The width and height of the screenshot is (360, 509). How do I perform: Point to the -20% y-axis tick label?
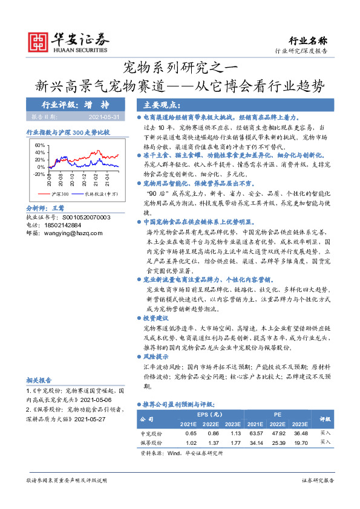[x=38, y=173]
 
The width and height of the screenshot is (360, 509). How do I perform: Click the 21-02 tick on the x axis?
[x=97, y=180]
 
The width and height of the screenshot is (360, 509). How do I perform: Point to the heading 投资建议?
[x=156, y=318]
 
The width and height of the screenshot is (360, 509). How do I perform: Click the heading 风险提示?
[x=156, y=357]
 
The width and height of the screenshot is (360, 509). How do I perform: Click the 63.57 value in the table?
[x=256, y=433]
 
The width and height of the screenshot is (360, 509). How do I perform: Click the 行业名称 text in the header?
[x=308, y=41]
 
